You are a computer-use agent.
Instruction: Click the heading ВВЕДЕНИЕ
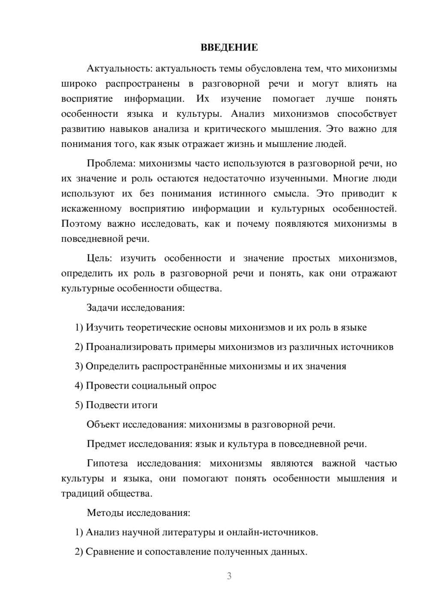click(229, 47)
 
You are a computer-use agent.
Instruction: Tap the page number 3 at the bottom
click(229, 576)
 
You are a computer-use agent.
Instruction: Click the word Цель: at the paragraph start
click(99, 258)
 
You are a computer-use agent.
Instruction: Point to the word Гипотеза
click(107, 463)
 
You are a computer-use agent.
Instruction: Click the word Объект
click(103, 424)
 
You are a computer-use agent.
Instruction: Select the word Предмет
click(106, 444)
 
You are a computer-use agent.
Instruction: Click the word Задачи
click(103, 308)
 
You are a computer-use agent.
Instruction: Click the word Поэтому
click(81, 224)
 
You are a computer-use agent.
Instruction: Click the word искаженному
click(91, 209)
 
